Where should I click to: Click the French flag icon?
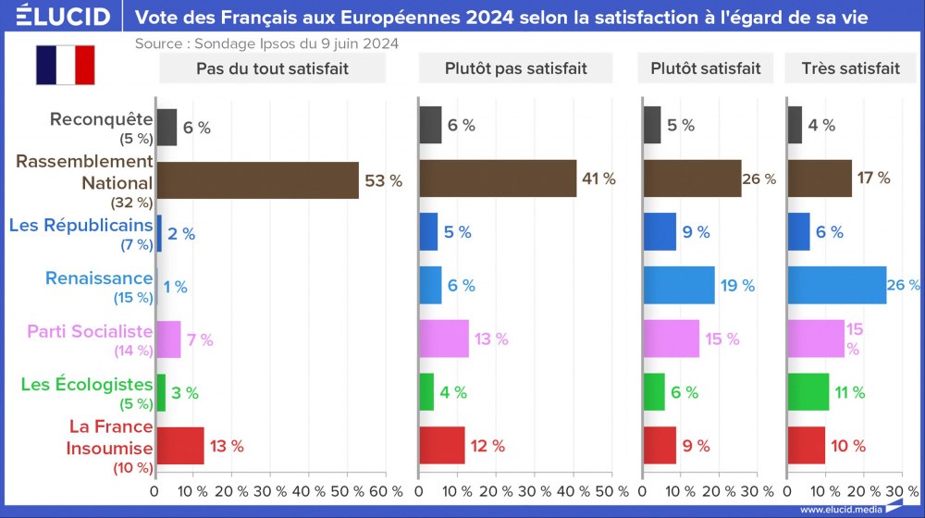tap(66, 65)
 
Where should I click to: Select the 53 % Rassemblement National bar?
tap(257, 180)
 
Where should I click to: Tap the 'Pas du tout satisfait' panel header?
tap(259, 68)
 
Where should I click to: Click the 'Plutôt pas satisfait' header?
tap(515, 68)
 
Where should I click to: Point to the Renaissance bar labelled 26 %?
tap(836, 286)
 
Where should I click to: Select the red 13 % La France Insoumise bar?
tap(179, 446)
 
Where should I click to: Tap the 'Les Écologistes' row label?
tap(87, 384)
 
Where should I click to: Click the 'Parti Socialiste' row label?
tap(90, 331)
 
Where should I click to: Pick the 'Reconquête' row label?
tap(101, 118)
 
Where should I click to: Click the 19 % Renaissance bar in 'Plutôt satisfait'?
tap(679, 286)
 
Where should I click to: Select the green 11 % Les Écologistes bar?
tap(808, 392)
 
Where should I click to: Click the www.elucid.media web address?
tap(838, 509)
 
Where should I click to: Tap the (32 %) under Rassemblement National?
tap(131, 203)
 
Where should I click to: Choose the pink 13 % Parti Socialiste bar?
tap(444, 339)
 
